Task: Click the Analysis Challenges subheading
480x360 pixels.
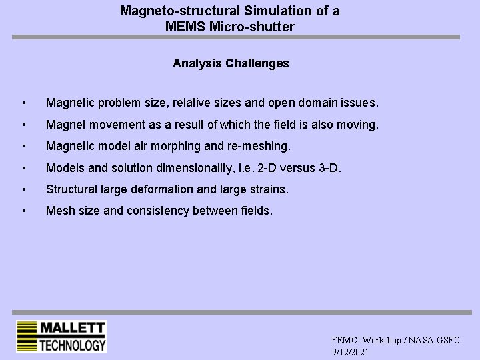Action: (x=231, y=63)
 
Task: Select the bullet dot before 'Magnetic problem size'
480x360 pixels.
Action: (x=23, y=103)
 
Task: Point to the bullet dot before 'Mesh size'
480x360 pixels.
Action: (x=23, y=211)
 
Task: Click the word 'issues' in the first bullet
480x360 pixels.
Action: (x=361, y=103)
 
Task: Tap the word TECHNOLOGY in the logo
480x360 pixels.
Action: (x=73, y=345)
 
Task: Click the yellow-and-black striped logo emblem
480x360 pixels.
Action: (x=27, y=336)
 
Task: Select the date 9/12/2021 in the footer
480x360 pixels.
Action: (x=350, y=352)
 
